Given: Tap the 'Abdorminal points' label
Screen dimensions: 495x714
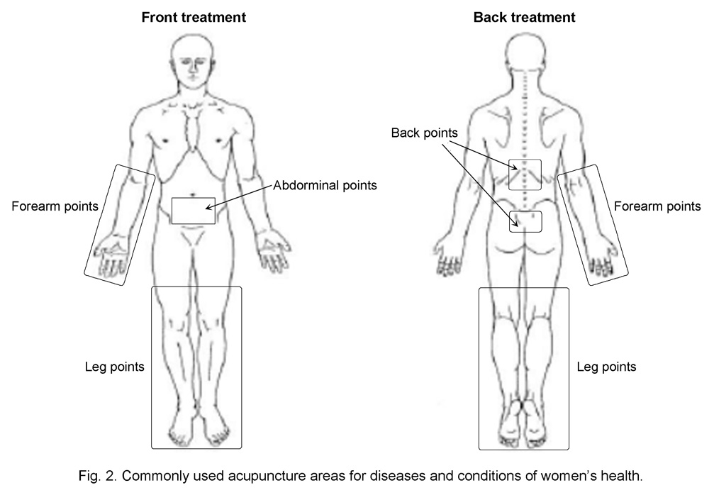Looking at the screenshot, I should coord(325,185).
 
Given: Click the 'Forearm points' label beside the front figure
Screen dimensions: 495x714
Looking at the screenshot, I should coord(55,207).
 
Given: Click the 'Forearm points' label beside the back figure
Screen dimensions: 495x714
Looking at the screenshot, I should coord(657,207).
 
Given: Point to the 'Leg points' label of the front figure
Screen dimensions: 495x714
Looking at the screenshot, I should coord(114,367).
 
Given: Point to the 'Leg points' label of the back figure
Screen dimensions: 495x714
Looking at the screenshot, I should coord(606,367).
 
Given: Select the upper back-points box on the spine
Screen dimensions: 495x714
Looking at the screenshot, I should coord(525,175).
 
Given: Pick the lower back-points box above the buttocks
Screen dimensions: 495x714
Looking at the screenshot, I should coord(525,222).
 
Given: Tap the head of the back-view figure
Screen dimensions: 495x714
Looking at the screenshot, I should coord(525,60).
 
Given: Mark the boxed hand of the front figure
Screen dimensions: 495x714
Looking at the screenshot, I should coord(111,255).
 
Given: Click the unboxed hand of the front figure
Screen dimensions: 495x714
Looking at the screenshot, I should coord(273,254).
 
